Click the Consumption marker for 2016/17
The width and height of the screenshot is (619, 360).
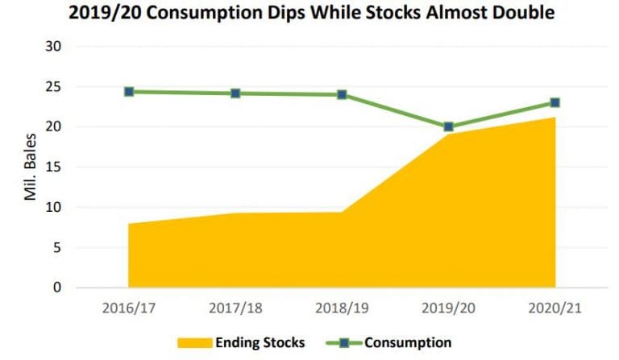tap(129, 92)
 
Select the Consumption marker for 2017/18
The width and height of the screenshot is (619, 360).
tap(235, 93)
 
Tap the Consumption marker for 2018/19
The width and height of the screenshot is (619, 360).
tap(342, 95)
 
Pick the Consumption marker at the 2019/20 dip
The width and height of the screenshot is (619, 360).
tap(448, 126)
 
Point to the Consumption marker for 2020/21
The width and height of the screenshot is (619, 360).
tap(555, 102)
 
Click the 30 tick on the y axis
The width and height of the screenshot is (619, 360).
tap(54, 47)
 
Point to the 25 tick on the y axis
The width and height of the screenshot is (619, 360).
tap(54, 87)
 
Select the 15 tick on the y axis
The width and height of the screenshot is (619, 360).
tap(54, 168)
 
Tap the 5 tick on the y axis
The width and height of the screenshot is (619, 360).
tap(57, 248)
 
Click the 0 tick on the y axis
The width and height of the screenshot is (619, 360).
tap(57, 288)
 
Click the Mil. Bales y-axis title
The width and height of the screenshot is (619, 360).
tap(30, 168)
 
